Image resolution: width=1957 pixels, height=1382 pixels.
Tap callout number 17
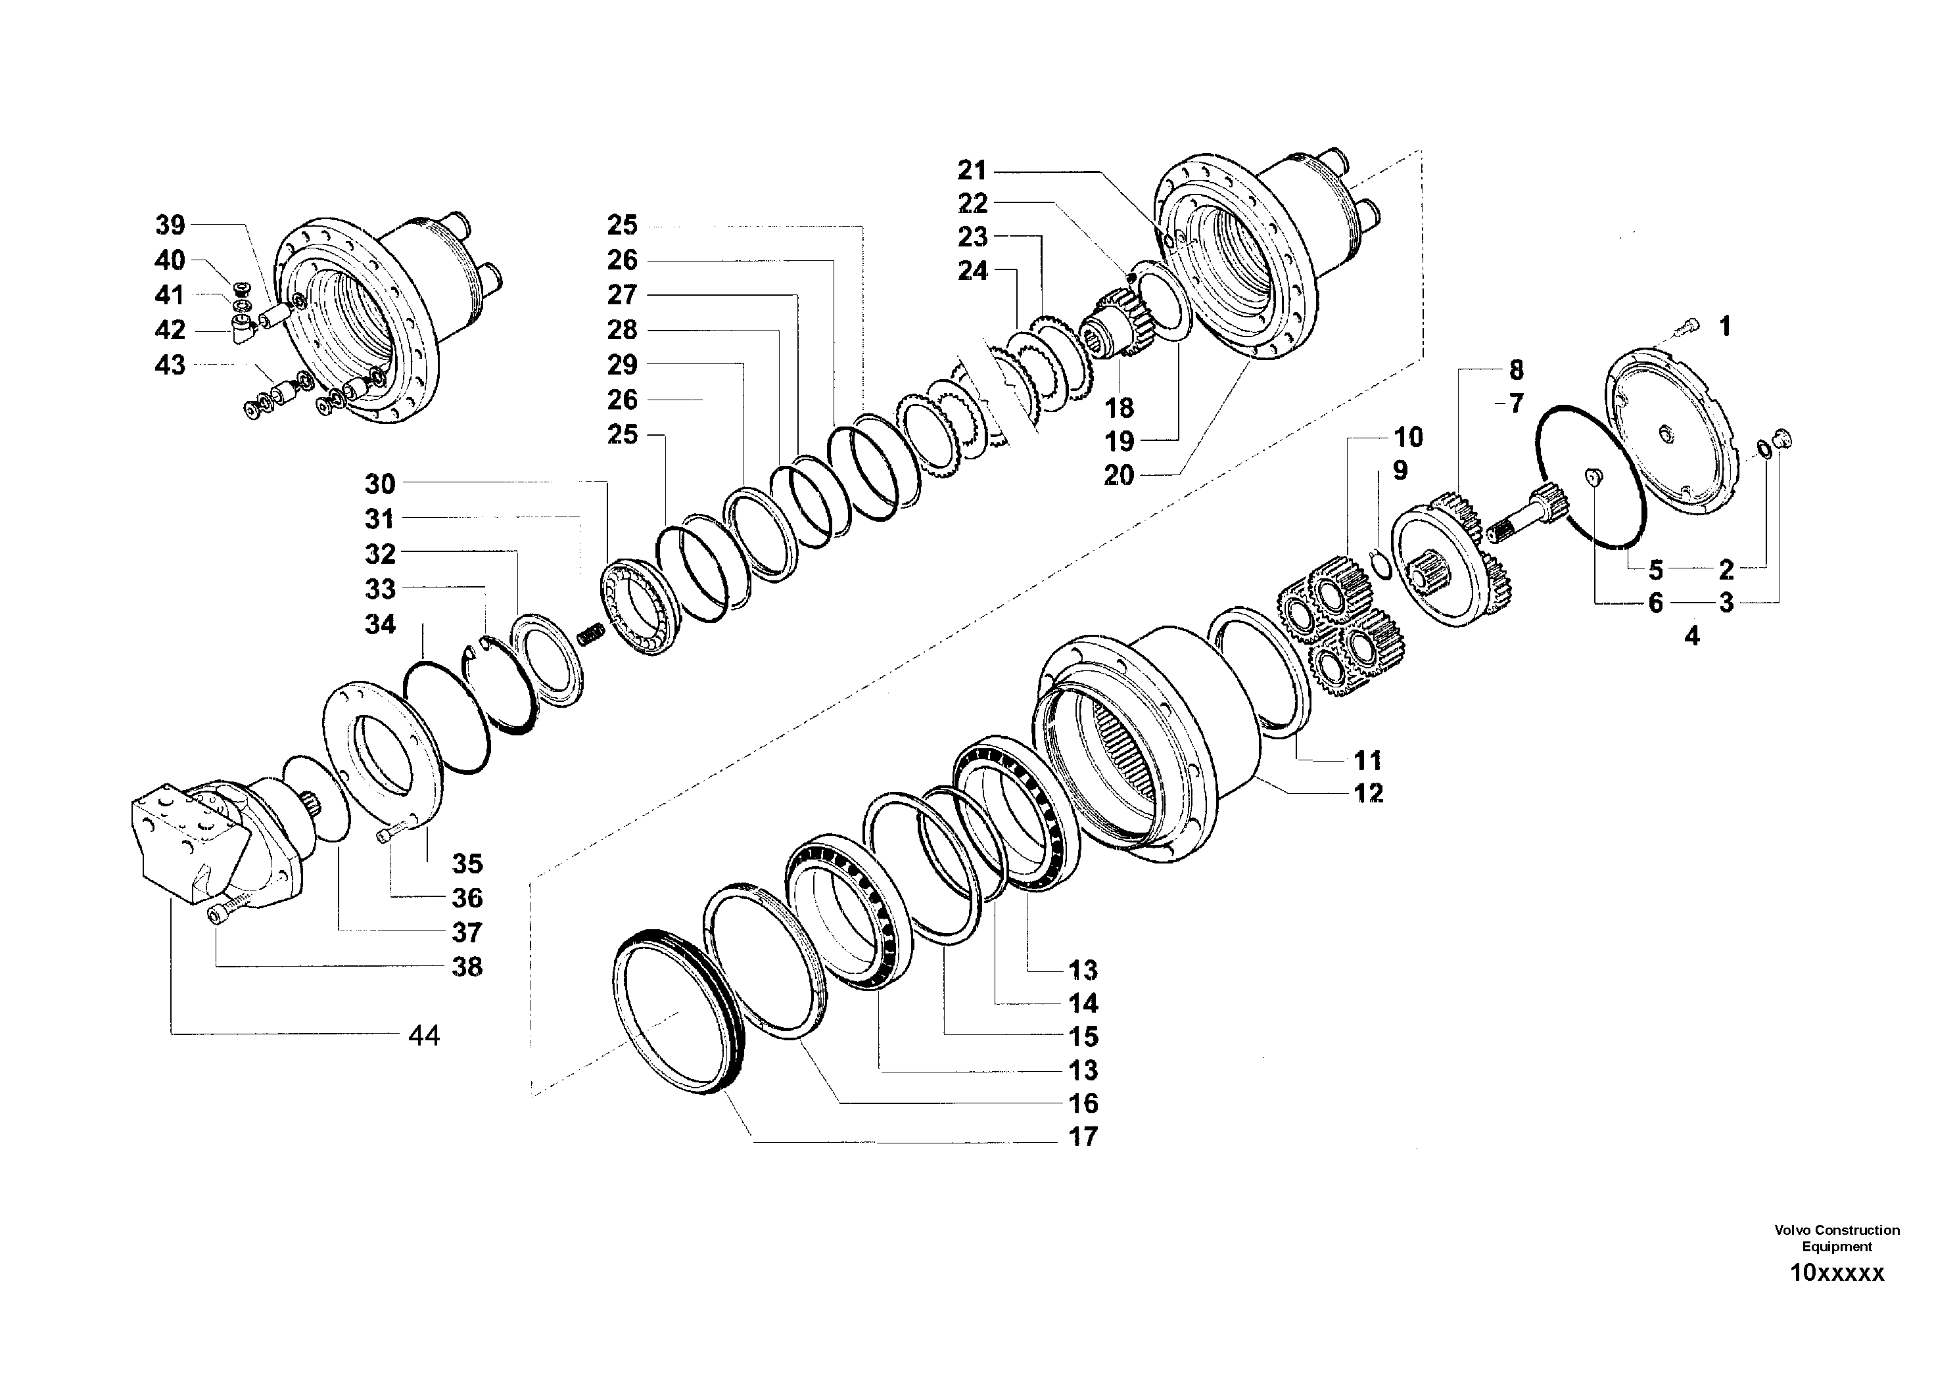(x=1083, y=1137)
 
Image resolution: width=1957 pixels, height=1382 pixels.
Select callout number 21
(x=972, y=170)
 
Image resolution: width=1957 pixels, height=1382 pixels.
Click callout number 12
(x=1368, y=793)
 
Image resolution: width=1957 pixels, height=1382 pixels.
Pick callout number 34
(x=380, y=624)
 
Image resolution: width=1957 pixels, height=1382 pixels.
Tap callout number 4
(x=1692, y=635)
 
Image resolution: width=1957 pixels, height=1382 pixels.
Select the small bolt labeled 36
(x=388, y=835)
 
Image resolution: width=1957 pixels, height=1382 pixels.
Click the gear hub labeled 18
(x=1117, y=328)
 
